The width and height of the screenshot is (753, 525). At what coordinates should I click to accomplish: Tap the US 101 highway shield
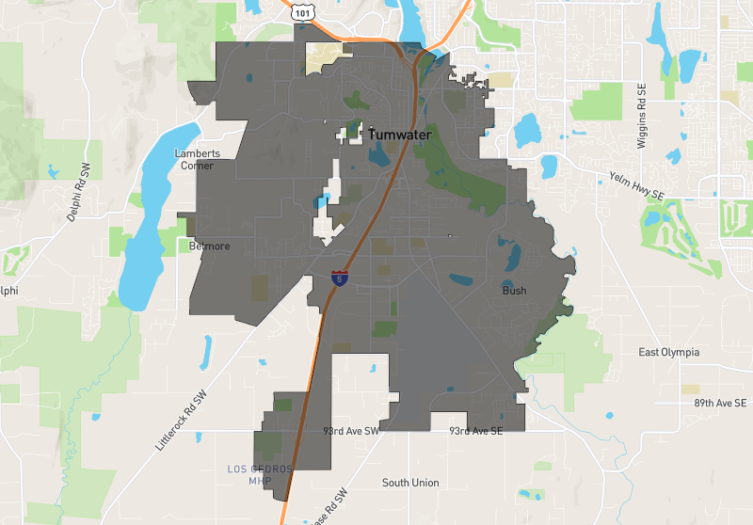[301, 11]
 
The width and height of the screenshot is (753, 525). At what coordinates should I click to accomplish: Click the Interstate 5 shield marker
[338, 278]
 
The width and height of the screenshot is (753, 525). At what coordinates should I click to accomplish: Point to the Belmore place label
[210, 247]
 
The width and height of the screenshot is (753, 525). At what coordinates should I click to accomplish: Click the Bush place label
[514, 291]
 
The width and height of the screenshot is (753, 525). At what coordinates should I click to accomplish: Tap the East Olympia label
[668, 353]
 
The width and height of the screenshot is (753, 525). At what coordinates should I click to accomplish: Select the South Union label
[410, 483]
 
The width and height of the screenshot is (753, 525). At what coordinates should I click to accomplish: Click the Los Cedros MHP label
[261, 475]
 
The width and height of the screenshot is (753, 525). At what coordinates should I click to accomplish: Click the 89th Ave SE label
[720, 403]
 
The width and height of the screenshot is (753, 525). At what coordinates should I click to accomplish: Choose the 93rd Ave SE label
[475, 431]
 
